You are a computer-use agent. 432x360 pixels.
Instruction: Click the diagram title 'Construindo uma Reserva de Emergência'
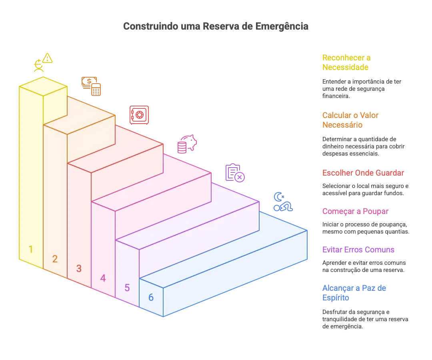click(x=216, y=26)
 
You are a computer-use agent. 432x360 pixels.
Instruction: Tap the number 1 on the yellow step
click(x=31, y=249)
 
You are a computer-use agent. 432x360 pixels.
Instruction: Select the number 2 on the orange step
click(x=55, y=259)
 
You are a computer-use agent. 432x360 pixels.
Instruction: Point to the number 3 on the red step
click(x=79, y=268)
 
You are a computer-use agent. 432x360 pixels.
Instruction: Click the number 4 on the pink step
click(x=103, y=278)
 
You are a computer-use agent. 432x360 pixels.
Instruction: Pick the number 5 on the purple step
click(x=127, y=288)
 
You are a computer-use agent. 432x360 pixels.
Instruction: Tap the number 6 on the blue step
click(x=151, y=298)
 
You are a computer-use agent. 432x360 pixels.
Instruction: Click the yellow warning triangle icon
click(x=47, y=58)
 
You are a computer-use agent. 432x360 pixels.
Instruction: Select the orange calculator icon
click(x=96, y=90)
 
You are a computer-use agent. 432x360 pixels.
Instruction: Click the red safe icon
click(x=139, y=115)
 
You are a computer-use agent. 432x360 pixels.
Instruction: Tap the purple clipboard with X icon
click(x=235, y=173)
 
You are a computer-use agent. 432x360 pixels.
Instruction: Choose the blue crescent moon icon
click(x=278, y=197)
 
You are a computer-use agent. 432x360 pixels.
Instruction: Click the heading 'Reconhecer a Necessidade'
click(x=346, y=62)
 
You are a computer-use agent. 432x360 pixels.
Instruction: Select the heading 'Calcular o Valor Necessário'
click(x=350, y=120)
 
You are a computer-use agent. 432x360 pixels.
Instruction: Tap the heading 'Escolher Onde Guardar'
click(x=363, y=173)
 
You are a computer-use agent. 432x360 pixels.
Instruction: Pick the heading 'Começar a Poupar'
click(x=356, y=211)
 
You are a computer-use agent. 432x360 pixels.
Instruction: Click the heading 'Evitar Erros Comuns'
click(x=358, y=250)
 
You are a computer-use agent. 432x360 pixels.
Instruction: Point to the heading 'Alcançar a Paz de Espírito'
click(x=354, y=293)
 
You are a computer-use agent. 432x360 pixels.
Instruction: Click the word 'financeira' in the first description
click(x=336, y=96)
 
